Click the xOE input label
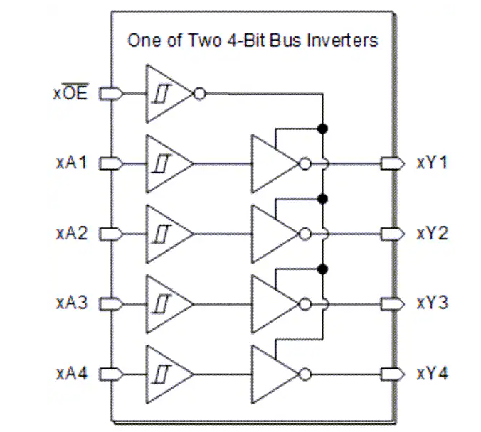click(x=71, y=92)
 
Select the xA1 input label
click(x=71, y=163)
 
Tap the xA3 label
click(x=72, y=303)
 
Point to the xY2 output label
click(x=432, y=234)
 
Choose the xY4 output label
click(x=432, y=374)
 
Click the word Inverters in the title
click(x=342, y=40)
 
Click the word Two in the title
click(x=204, y=40)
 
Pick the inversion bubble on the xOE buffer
click(x=200, y=94)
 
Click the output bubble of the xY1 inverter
click(x=305, y=163)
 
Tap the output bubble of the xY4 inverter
click(x=305, y=374)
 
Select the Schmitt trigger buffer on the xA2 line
click(x=169, y=234)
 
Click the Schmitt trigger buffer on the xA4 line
click(x=169, y=374)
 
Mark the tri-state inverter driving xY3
click(x=275, y=304)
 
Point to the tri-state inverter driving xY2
click(x=275, y=234)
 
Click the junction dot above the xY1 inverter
click(x=322, y=129)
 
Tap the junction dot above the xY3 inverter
click(x=322, y=269)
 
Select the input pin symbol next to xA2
click(x=111, y=234)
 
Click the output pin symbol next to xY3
click(x=392, y=304)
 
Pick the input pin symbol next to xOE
click(x=111, y=94)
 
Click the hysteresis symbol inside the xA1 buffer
click(x=162, y=163)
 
